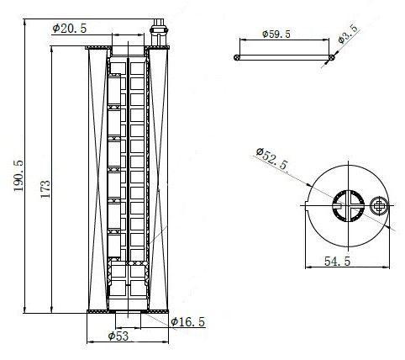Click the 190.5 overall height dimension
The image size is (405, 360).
pyautogui.click(x=18, y=176)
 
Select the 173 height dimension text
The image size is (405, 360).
pyautogui.click(x=45, y=188)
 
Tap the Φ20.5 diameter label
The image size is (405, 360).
pyautogui.click(x=70, y=29)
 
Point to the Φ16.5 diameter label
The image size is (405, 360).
pyautogui.click(x=188, y=322)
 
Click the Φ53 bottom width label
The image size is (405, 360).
pyautogui.click(x=118, y=336)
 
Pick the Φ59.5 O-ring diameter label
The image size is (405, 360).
pyautogui.click(x=276, y=34)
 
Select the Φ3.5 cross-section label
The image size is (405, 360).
pyautogui.click(x=348, y=34)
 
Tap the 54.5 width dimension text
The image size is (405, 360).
pyautogui.click(x=337, y=262)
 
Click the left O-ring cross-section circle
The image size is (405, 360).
pyautogui.click(x=237, y=57)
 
